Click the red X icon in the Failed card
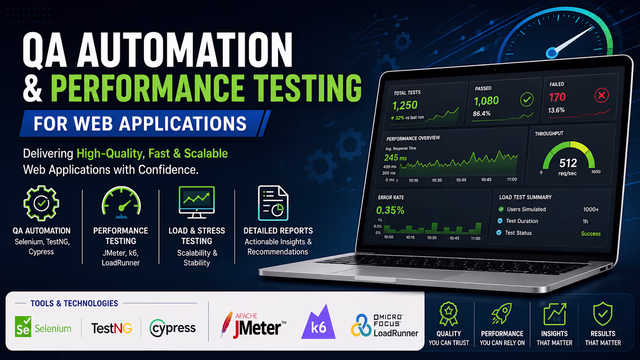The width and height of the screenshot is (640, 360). (602, 96)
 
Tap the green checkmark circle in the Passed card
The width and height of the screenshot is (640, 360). (527, 100)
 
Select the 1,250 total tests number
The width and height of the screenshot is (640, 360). (405, 105)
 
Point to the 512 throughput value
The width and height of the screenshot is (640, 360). (568, 163)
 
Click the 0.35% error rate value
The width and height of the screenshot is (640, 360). (390, 210)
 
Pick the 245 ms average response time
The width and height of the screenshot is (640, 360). (395, 157)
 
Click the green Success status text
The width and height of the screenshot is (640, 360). (591, 234)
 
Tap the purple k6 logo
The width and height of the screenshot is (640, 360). (318, 322)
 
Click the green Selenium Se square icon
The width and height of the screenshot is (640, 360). (23, 327)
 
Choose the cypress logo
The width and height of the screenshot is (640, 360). (172, 328)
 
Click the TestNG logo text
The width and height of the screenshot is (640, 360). (111, 328)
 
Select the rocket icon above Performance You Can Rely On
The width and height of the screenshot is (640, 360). (502, 314)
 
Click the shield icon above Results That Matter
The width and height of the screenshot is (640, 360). (603, 314)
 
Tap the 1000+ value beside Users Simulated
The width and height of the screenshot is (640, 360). (591, 209)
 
